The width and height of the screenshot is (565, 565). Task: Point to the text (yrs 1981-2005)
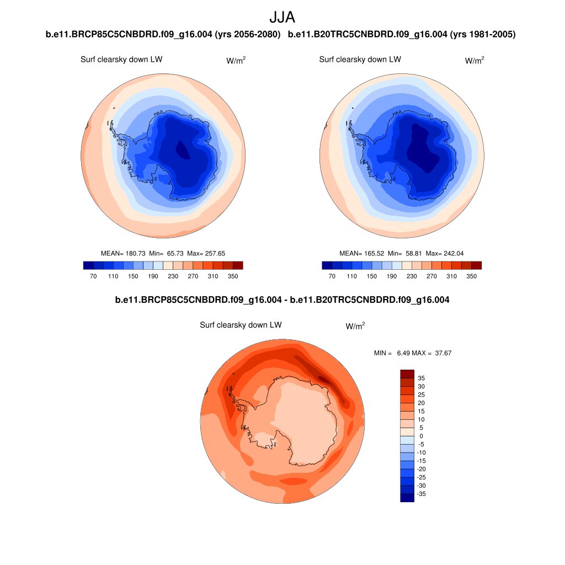coord(483,35)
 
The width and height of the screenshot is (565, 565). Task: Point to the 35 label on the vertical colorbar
coord(422,378)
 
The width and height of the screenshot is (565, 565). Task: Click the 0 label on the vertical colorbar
coord(422,436)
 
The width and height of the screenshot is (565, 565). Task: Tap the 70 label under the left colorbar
coord(93,276)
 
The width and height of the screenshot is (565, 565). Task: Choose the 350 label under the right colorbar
coord(471,276)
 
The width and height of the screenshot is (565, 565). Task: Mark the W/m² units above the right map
coord(475,61)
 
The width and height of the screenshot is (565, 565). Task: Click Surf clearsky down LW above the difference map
coord(241,325)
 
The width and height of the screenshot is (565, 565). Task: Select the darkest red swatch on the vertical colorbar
coord(407,374)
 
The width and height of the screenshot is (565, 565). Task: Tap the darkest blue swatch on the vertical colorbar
coord(407,498)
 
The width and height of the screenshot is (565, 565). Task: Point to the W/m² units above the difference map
coord(355,326)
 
